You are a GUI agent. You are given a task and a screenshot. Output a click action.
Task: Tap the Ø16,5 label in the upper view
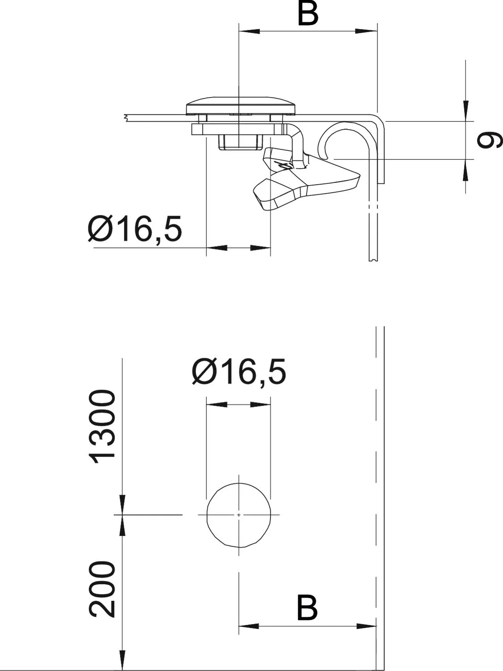[x=135, y=229]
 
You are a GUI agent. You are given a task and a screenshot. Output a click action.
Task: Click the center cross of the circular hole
[x=239, y=515]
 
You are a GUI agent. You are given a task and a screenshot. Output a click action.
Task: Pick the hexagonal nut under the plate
[x=241, y=142]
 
